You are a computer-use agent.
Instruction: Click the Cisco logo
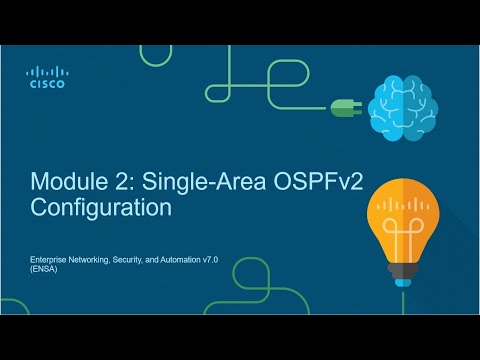point(46,78)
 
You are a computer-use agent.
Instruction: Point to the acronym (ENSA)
point(42,270)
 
